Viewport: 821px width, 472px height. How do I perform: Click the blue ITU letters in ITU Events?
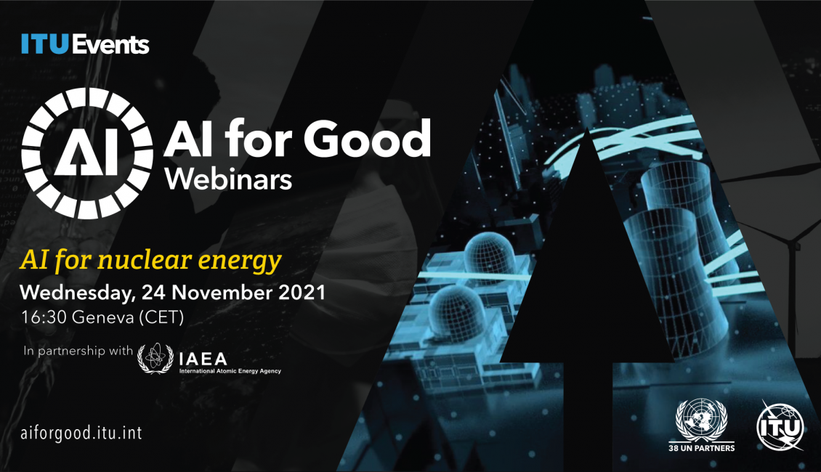45,44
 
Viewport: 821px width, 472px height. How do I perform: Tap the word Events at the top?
110,44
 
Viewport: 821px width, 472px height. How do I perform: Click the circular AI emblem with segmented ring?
87,152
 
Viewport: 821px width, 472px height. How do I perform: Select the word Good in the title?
366,139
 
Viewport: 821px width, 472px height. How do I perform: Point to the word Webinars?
228,179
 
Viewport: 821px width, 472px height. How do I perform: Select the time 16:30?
44,317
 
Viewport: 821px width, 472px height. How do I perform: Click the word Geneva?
102,317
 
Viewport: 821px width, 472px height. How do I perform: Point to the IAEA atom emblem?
155,359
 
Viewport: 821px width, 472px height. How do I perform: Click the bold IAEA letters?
203,359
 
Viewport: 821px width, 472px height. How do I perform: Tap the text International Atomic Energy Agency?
230,371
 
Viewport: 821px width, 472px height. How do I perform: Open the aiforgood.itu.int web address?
81,434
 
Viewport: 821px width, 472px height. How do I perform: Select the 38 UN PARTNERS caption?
702,448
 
